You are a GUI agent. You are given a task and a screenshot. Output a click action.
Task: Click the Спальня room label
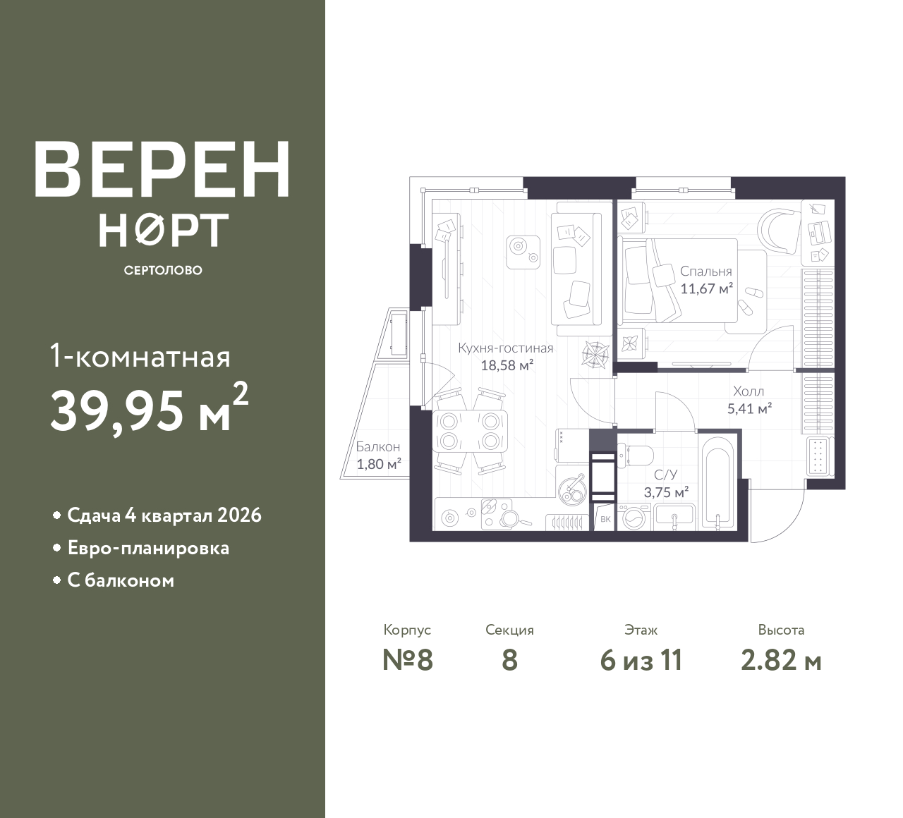click(x=705, y=271)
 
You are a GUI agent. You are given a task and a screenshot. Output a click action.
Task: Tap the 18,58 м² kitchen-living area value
click(x=507, y=365)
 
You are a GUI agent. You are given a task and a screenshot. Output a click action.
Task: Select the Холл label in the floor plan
click(x=748, y=391)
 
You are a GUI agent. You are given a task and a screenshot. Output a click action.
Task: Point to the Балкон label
click(x=377, y=447)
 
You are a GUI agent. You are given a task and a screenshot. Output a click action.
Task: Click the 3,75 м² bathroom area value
click(x=666, y=492)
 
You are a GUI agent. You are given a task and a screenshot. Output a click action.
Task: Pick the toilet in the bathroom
click(x=635, y=456)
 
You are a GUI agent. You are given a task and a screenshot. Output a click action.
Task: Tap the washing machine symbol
click(x=634, y=518)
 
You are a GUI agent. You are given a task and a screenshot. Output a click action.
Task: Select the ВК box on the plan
click(x=605, y=519)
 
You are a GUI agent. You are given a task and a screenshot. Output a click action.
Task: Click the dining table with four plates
click(x=470, y=431)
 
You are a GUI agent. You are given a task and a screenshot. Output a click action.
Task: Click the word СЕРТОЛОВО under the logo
click(x=163, y=270)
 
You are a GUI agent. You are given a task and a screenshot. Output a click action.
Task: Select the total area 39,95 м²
click(x=149, y=409)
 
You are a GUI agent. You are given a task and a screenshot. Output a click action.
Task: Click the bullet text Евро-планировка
click(x=148, y=548)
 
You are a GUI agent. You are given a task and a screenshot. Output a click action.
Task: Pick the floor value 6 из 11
click(x=641, y=661)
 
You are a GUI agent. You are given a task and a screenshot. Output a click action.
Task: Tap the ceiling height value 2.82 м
click(x=781, y=661)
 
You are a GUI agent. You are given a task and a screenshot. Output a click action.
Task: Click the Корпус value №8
click(x=407, y=661)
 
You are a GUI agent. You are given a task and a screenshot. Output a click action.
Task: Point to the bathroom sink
click(x=674, y=517)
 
